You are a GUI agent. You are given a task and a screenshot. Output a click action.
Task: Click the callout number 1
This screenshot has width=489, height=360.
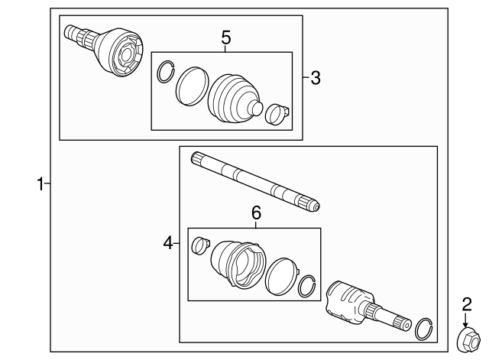tap(40, 183)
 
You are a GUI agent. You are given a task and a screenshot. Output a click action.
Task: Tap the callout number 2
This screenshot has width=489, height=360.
tap(465, 306)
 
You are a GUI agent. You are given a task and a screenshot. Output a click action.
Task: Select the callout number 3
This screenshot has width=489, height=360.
tap(316, 76)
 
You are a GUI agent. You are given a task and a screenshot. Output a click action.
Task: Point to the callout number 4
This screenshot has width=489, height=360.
tap(168, 243)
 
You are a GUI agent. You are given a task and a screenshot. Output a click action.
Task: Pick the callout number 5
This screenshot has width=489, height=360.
tap(225, 37)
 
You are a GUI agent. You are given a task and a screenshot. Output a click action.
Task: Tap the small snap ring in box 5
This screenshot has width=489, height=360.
tap(164, 73)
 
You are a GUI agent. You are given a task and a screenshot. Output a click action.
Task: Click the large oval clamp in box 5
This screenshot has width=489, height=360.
tap(191, 86)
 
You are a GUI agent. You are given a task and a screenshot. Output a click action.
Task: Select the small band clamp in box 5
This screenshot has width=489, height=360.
tap(278, 114)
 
